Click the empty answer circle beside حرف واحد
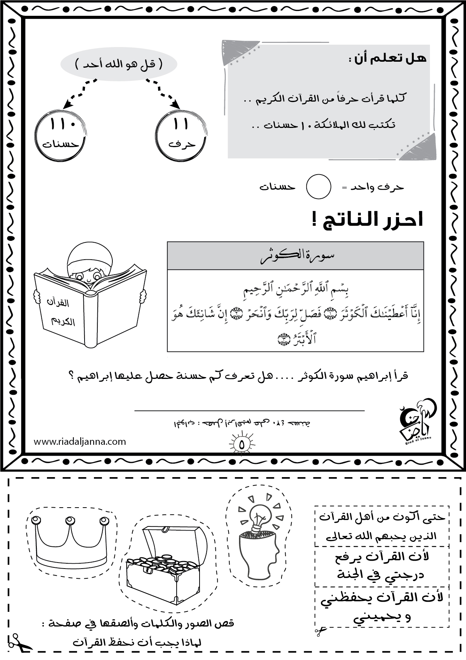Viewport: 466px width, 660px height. pyautogui.click(x=318, y=187)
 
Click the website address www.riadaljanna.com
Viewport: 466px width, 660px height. pyautogui.click(x=80, y=441)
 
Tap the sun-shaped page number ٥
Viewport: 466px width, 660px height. pyautogui.click(x=241, y=444)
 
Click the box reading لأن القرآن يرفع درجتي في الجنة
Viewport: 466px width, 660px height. pyautogui.click(x=382, y=566)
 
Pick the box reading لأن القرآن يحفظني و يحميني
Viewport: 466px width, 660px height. pyautogui.click(x=382, y=607)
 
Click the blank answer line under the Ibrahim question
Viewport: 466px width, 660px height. pyautogui.click(x=249, y=410)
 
